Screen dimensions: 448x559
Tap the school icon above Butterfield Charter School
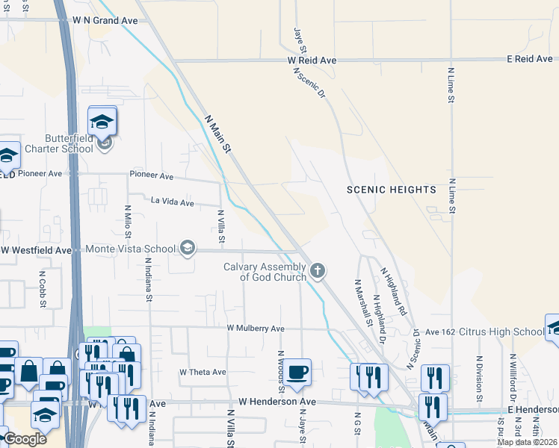pyautogui.click(x=102, y=120)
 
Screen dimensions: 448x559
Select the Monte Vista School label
pyautogui.click(x=130, y=249)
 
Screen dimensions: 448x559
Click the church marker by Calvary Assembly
pyautogui.click(x=318, y=270)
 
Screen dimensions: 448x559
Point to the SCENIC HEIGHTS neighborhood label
pyautogui.click(x=391, y=190)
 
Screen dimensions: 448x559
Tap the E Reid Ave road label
pyautogui.click(x=528, y=58)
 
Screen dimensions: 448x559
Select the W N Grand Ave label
pyautogui.click(x=105, y=21)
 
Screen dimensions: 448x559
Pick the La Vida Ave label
pyautogui.click(x=172, y=202)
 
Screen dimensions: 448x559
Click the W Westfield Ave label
pyautogui.click(x=37, y=250)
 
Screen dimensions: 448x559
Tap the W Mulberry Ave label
pyautogui.click(x=256, y=329)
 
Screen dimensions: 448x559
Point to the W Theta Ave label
pyautogui.click(x=202, y=372)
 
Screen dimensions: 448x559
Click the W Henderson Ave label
pyautogui.click(x=277, y=402)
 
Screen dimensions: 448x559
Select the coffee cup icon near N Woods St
pyautogui.click(x=297, y=371)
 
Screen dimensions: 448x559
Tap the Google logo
pyautogui.click(x=25, y=439)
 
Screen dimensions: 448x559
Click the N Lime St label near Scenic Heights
pyautogui.click(x=451, y=196)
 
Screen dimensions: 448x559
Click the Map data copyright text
pyautogui.click(x=527, y=442)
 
